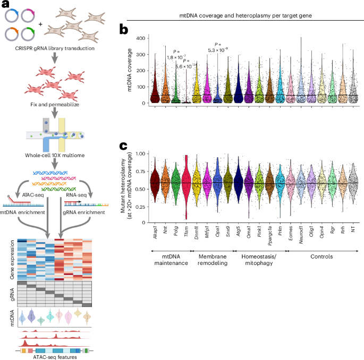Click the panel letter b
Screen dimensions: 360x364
coord(123,30)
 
